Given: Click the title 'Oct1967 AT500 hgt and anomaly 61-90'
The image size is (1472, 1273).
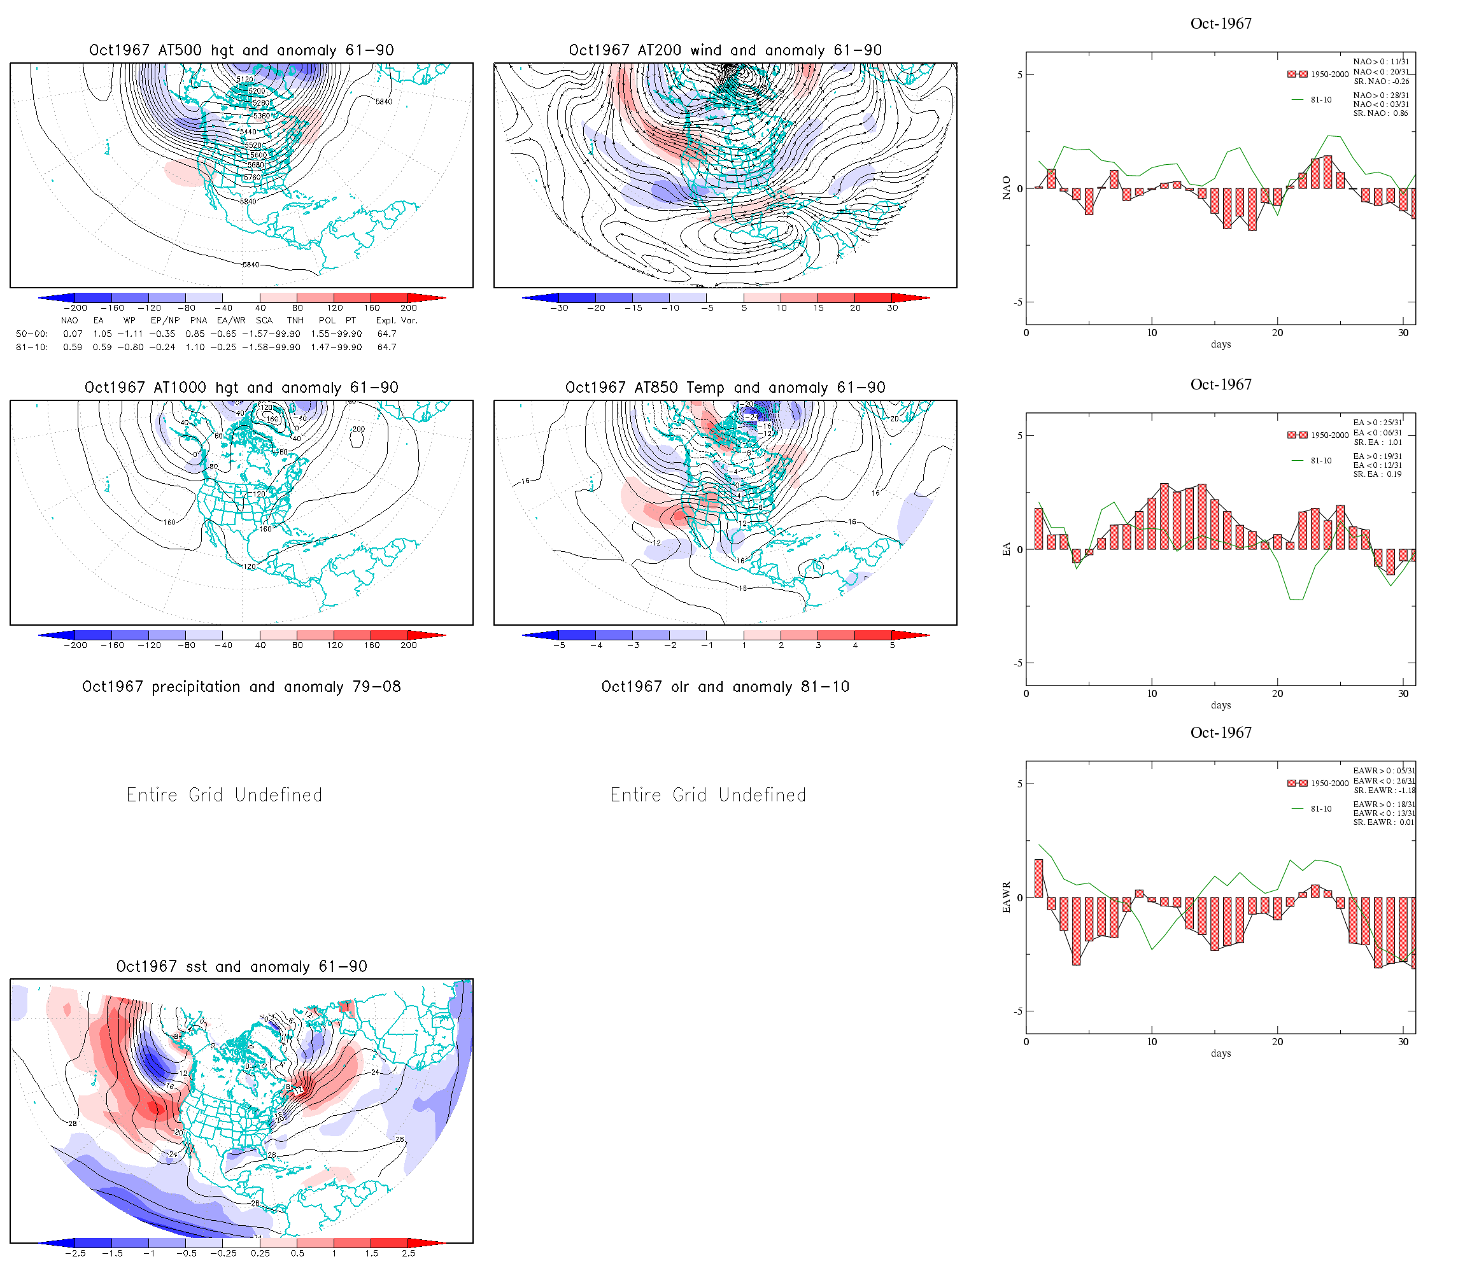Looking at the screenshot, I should coord(241,50).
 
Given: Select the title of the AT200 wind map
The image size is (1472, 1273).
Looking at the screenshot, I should coord(725,50).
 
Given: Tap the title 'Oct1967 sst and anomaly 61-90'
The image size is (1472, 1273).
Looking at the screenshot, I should coord(241,966).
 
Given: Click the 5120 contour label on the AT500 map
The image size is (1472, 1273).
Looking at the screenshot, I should coord(244,80).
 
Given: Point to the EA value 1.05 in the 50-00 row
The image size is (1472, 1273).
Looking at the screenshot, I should coord(103,334).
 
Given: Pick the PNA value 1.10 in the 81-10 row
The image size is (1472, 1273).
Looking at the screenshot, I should coord(195,348).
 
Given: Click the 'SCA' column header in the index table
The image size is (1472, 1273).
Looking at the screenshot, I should coord(264,320).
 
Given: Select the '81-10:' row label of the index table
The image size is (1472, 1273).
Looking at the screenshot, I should coord(32,348).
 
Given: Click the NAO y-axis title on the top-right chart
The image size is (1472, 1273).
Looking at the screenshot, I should coord(1006,188).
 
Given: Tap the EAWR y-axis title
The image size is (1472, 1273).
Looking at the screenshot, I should coord(1006,897).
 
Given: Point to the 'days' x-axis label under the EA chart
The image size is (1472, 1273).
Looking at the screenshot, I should coord(1221,705).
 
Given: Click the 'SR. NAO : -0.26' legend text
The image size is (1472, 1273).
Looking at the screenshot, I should coord(1381,81).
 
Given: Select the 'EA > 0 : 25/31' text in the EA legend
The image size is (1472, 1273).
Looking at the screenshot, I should coord(1378,423).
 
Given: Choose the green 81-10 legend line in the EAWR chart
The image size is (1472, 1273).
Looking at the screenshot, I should coord(1298,809).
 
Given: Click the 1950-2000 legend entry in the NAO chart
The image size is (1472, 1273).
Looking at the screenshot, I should coord(1318,74).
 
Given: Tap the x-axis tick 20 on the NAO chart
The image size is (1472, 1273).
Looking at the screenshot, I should coord(1277,333).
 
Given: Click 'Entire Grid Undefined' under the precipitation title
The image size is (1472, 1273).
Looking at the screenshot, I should coord(225,795).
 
